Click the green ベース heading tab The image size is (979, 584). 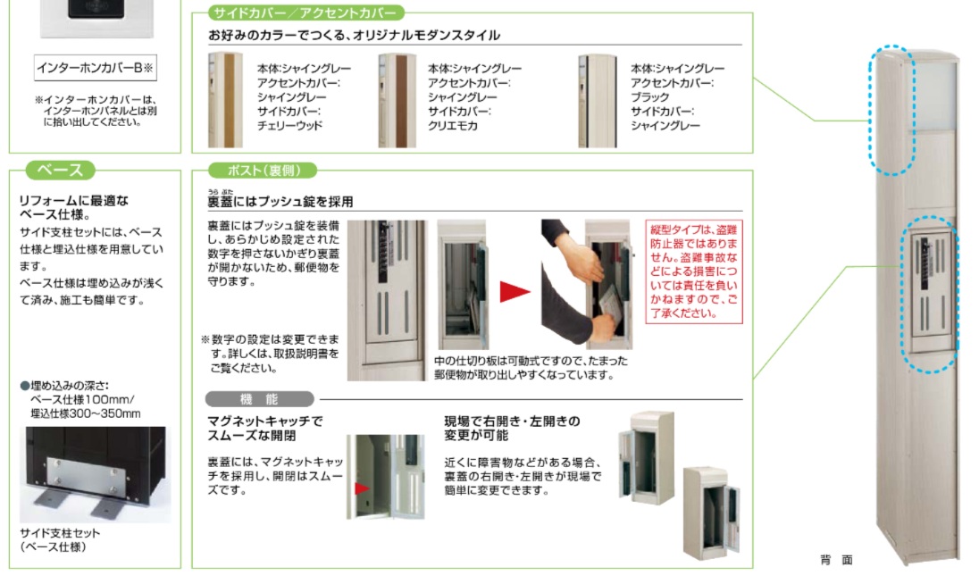[x=60, y=171]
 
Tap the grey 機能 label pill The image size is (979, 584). [x=260, y=399]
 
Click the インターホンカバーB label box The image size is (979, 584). [x=96, y=68]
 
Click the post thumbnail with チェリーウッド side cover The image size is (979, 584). [x=225, y=99]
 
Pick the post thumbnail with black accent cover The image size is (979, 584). [x=596, y=99]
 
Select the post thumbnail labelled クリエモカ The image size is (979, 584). [x=396, y=99]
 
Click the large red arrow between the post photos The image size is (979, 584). [x=515, y=291]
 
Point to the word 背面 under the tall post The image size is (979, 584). [x=836, y=560]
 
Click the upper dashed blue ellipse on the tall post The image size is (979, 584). [x=893, y=109]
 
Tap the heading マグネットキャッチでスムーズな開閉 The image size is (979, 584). [x=264, y=428]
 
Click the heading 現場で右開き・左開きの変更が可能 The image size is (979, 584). [x=512, y=428]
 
